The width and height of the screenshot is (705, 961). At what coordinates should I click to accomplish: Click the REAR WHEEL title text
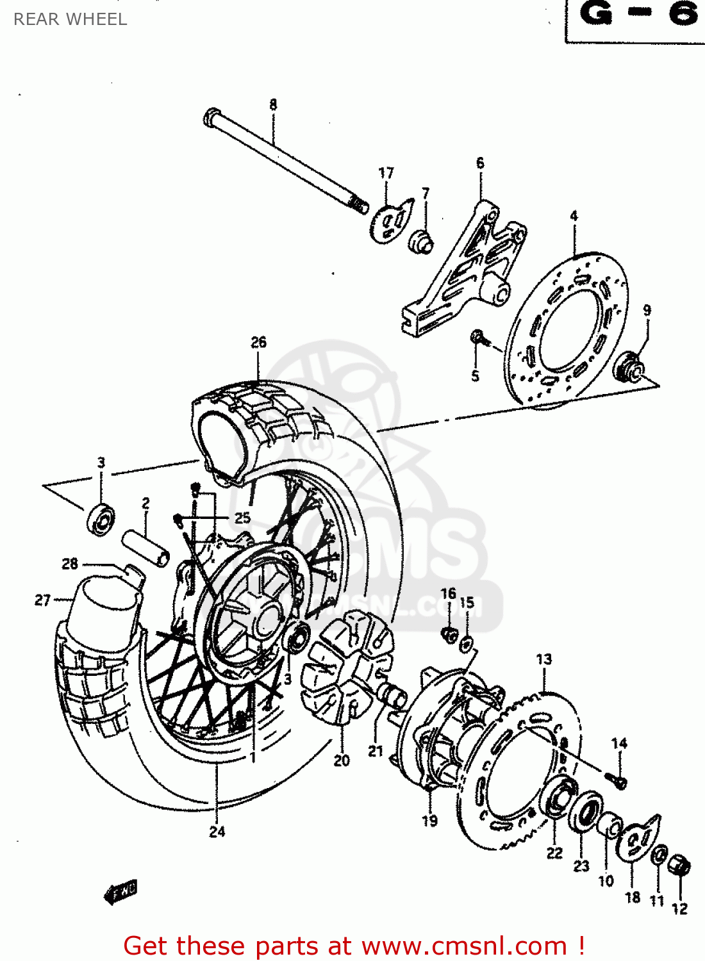pyautogui.click(x=70, y=19)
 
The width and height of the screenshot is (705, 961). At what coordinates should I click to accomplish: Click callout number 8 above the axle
pyautogui.click(x=273, y=104)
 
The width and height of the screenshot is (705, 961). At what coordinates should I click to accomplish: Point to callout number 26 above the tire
pyautogui.click(x=258, y=342)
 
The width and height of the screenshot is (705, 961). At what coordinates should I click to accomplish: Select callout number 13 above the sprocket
pyautogui.click(x=543, y=659)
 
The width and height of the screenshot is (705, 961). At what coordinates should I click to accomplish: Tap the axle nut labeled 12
pyautogui.click(x=679, y=866)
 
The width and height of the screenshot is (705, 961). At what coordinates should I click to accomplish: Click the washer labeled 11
pyautogui.click(x=659, y=856)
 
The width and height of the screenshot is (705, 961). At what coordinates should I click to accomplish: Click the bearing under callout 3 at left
pyautogui.click(x=101, y=520)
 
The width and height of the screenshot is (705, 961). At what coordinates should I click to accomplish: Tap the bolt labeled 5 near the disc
pyautogui.click(x=478, y=337)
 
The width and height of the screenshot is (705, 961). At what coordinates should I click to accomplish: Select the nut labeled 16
pyautogui.click(x=450, y=635)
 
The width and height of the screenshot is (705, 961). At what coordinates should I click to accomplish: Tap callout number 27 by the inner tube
pyautogui.click(x=42, y=600)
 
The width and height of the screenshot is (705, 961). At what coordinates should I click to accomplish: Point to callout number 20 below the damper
pyautogui.click(x=342, y=760)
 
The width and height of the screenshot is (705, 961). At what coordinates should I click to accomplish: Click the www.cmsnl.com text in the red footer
pyautogui.click(x=464, y=946)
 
